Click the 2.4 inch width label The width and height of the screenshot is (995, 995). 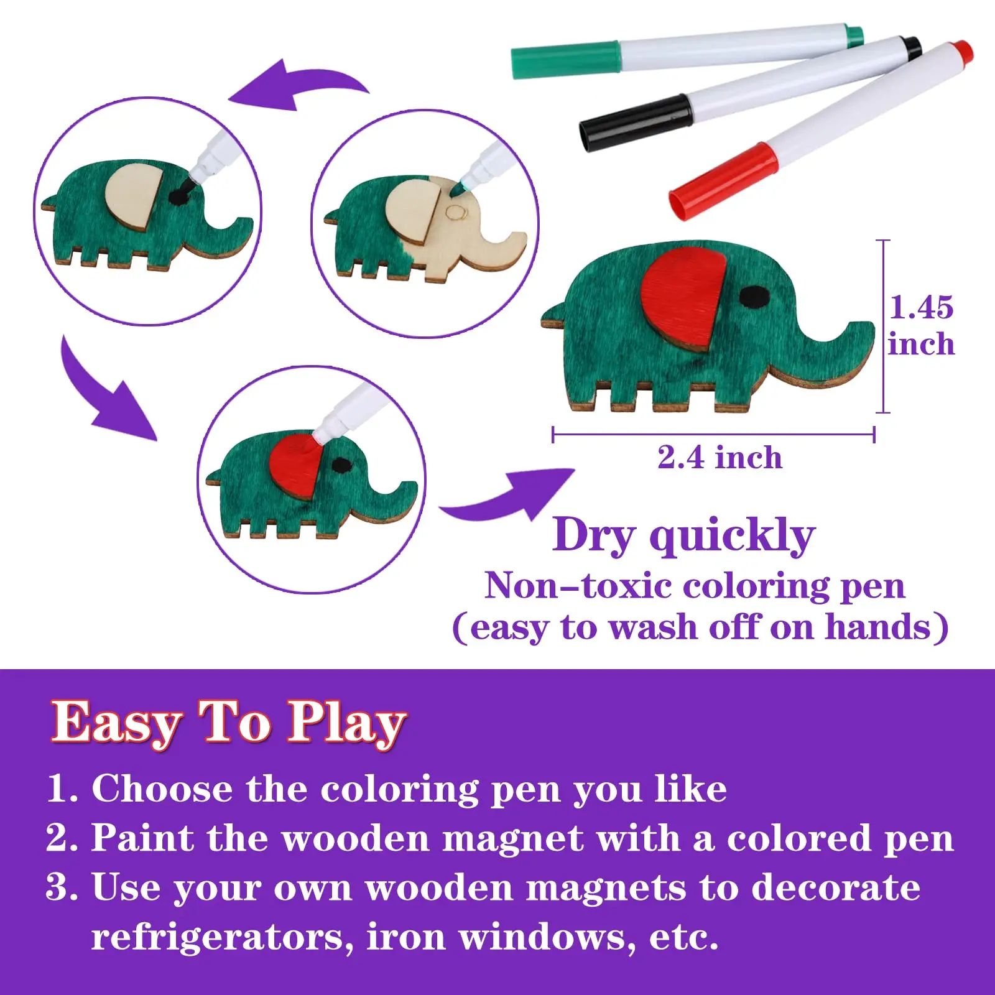[720, 458]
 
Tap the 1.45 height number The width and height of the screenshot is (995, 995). [920, 307]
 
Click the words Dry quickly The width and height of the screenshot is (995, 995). [683, 535]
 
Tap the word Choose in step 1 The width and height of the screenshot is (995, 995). [162, 789]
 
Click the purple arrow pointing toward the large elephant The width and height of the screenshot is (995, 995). [510, 497]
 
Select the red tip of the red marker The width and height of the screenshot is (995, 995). [963, 50]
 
